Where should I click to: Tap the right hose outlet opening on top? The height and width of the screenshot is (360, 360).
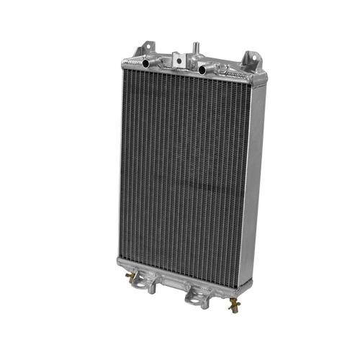205,70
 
